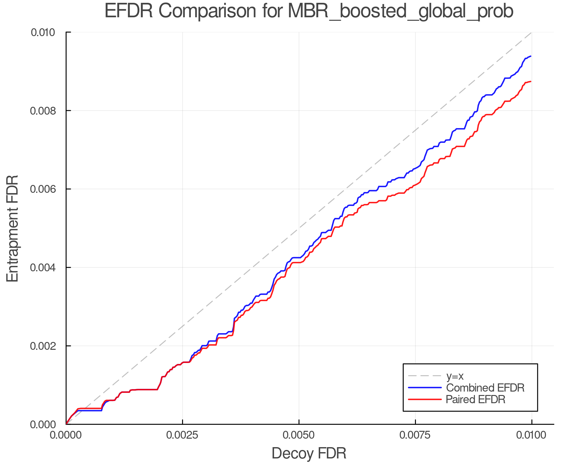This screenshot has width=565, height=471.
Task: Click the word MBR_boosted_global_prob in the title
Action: point(400,12)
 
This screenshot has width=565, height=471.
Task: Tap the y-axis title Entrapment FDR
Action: point(13,228)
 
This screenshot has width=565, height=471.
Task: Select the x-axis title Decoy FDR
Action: point(309,453)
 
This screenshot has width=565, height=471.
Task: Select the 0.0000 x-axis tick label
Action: point(66,435)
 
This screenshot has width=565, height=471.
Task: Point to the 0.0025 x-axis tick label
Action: point(182,435)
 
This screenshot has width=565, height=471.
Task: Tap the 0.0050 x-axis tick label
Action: point(299,435)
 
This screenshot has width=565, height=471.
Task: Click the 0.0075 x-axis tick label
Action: point(415,435)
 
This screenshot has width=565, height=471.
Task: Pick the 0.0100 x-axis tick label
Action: point(531,435)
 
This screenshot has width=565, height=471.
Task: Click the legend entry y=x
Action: point(455,376)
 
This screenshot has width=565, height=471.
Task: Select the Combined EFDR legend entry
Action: point(485,387)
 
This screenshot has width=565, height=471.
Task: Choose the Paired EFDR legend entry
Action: point(476,399)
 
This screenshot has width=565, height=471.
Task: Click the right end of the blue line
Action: point(531,56)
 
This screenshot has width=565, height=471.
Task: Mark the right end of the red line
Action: point(531,81)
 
